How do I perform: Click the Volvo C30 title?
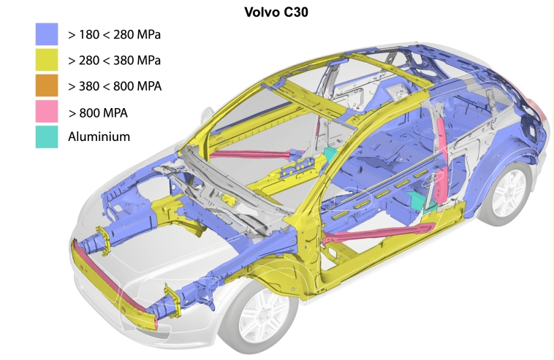point(276,12)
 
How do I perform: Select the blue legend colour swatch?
point(47,34)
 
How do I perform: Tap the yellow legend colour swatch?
point(47,60)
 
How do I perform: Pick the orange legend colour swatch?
point(47,85)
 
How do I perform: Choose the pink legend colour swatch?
point(47,111)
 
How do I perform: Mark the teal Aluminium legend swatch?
point(47,137)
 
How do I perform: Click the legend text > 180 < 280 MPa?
point(115,34)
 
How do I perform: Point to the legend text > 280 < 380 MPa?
point(115,61)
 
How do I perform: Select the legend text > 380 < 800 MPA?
point(115,86)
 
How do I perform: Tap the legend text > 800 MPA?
point(98,113)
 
